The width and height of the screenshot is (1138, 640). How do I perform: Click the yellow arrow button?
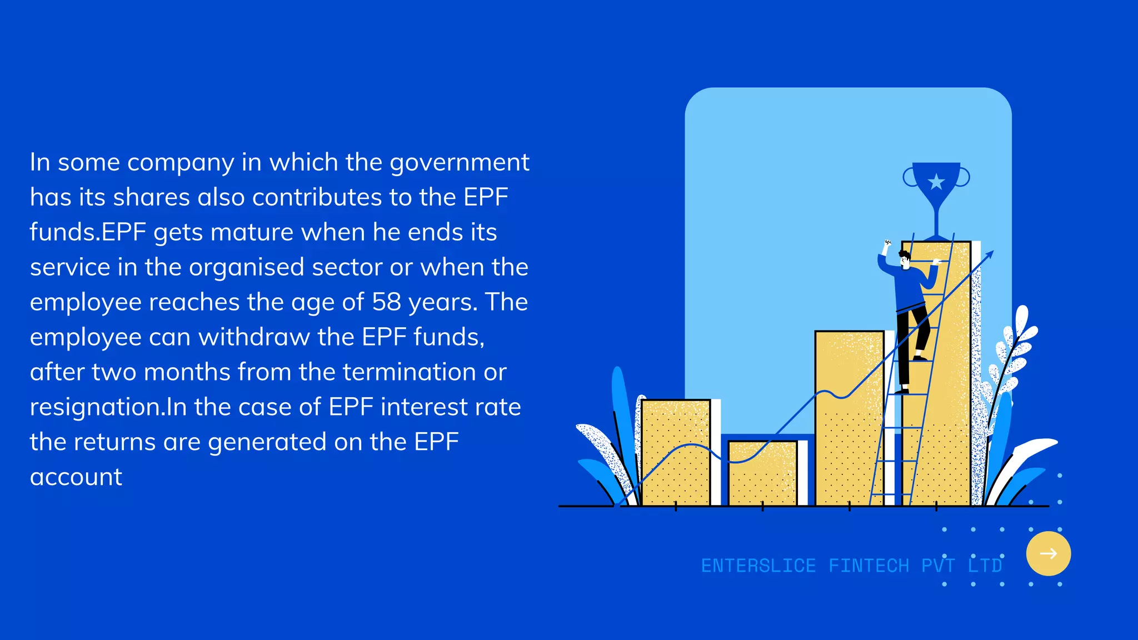coord(1048,553)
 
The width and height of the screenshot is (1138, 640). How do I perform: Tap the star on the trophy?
coord(936,181)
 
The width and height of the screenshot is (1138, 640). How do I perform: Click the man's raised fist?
coord(887,243)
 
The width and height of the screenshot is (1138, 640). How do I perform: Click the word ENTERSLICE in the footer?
coord(758,566)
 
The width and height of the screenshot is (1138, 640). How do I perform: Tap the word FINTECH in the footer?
coord(869,566)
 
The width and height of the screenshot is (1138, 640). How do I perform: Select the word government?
coord(460,162)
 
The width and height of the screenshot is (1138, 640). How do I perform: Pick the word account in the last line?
coord(76,477)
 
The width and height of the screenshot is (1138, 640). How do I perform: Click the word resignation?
coord(97,407)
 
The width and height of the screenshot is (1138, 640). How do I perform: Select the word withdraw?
coord(254,337)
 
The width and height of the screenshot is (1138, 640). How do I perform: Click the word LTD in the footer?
coord(985,566)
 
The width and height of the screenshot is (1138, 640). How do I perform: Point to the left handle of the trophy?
coord(910,177)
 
